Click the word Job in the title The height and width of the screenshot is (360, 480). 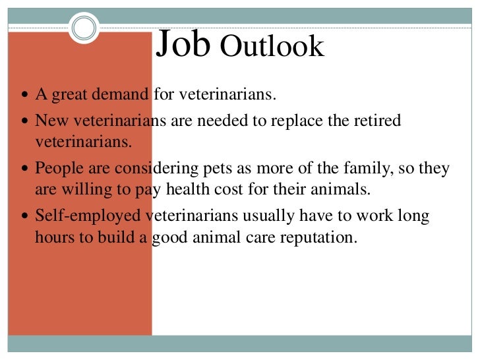pos(183,44)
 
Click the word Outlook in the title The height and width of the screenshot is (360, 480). pos(272,47)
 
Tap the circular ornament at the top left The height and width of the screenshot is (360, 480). pos(84,28)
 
